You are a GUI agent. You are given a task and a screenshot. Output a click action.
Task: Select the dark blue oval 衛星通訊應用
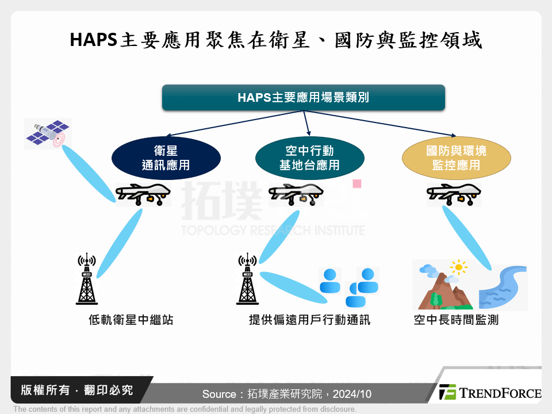pyautogui.click(x=166, y=158)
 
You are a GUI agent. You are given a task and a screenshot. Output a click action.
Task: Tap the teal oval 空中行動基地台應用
pyautogui.click(x=309, y=158)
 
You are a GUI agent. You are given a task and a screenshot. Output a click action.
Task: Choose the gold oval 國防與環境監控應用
pyautogui.click(x=456, y=158)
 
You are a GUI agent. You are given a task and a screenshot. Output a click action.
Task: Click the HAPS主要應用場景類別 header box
pyautogui.click(x=304, y=98)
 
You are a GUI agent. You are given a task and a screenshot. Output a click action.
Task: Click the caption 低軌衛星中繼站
pyautogui.click(x=131, y=320)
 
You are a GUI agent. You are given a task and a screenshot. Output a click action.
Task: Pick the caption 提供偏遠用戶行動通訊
pyautogui.click(x=309, y=320)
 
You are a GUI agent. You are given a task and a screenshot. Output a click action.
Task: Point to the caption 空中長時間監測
pyautogui.click(x=456, y=320)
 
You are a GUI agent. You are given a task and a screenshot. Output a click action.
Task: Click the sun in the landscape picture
pyautogui.click(x=458, y=267)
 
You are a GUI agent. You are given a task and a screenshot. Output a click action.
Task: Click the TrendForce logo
pyautogui.click(x=490, y=393)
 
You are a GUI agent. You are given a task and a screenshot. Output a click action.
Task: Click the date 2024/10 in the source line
pyautogui.click(x=352, y=394)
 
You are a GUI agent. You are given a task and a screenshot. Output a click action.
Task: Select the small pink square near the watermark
pyautogui.click(x=356, y=184)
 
